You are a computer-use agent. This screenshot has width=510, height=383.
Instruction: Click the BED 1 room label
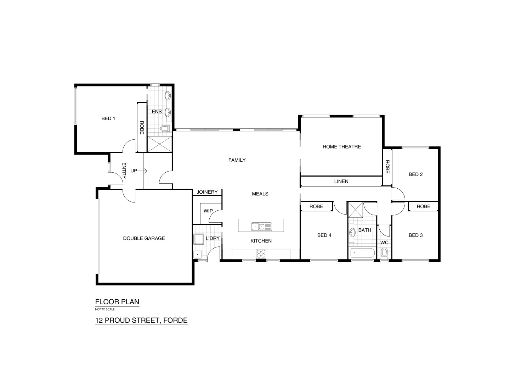pyautogui.click(x=108, y=118)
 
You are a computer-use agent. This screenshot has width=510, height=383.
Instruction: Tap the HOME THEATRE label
pyautogui.click(x=341, y=146)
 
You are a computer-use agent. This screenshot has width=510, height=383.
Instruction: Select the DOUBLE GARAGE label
pyautogui.click(x=144, y=238)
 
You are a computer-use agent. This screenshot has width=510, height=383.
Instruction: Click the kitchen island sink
pyautogui.click(x=261, y=226)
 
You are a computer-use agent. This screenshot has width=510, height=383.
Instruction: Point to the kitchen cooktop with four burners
pyautogui.click(x=261, y=254)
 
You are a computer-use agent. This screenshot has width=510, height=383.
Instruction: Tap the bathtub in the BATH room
pyautogui.click(x=362, y=254)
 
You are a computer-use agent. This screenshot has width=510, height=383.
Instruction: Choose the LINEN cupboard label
pyautogui.click(x=341, y=181)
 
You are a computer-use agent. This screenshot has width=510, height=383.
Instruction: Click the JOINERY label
pyautogui.click(x=207, y=192)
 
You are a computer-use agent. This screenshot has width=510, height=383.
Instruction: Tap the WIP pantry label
pyautogui.click(x=208, y=211)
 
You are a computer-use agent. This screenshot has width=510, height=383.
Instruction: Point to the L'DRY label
pyautogui.click(x=212, y=238)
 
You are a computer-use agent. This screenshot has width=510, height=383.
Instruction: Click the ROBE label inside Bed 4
pyautogui.click(x=316, y=206)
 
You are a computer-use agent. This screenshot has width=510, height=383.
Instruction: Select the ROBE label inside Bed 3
pyautogui.click(x=423, y=206)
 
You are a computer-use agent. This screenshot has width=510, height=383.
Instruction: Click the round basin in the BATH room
pyautogui.click(x=352, y=233)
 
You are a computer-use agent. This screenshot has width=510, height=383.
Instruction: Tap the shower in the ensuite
pyautogui.click(x=159, y=145)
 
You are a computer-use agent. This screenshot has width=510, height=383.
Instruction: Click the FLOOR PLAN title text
pyautogui.click(x=117, y=302)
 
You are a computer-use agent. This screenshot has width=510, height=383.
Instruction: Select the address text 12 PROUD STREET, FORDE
pyautogui.click(x=141, y=320)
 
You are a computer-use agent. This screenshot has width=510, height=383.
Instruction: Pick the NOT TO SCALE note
pyautogui.click(x=105, y=309)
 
